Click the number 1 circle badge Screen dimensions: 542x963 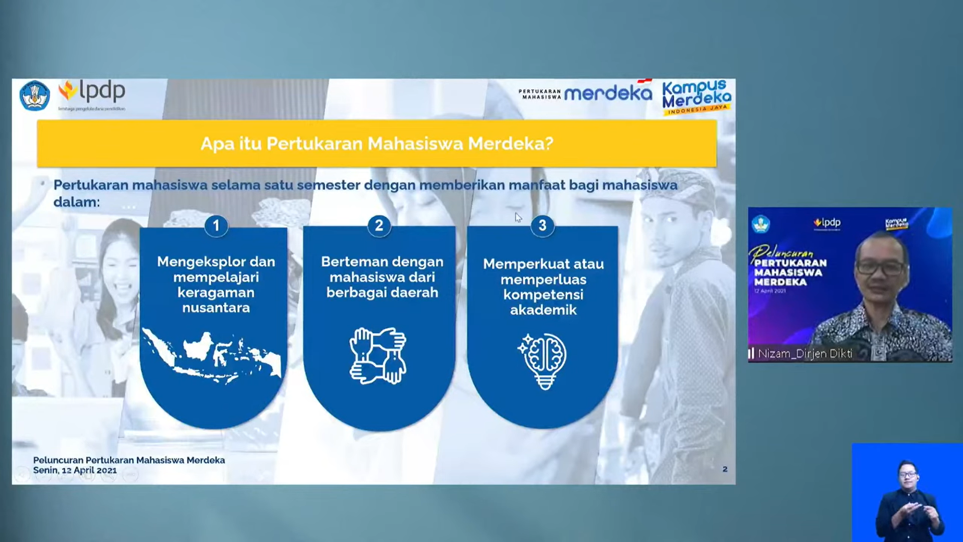click(x=216, y=226)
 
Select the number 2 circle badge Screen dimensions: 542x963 click(x=379, y=225)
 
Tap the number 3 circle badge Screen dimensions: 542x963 click(x=542, y=225)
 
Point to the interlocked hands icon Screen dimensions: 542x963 click(x=378, y=356)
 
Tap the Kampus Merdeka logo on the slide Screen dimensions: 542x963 click(x=696, y=96)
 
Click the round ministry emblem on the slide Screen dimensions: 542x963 click(x=35, y=95)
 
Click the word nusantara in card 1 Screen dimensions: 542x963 click(x=216, y=308)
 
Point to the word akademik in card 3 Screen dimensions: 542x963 click(x=543, y=310)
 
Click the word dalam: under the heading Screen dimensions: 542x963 click(x=77, y=202)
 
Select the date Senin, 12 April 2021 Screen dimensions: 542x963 click(x=75, y=470)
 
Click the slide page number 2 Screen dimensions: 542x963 click(x=725, y=469)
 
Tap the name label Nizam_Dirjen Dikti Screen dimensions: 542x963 click(x=805, y=354)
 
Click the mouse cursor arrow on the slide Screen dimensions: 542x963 click(x=518, y=217)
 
